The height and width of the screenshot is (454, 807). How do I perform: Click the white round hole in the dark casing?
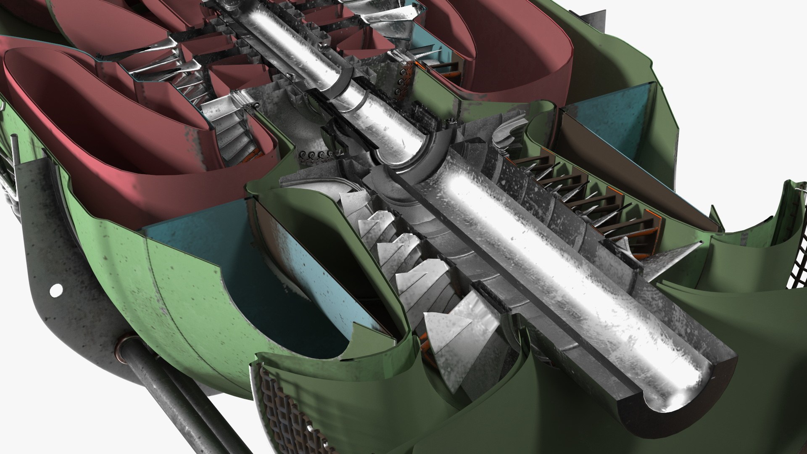pyautogui.click(x=55, y=290)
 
